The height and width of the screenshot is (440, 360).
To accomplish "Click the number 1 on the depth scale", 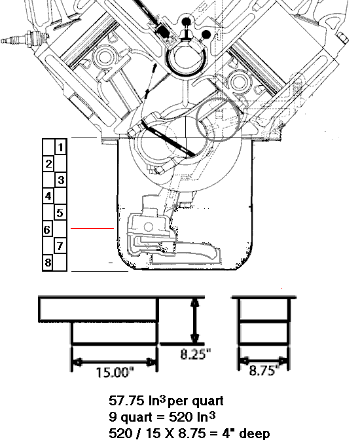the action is [x=61, y=147].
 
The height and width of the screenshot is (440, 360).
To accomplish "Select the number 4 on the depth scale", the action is [x=48, y=196].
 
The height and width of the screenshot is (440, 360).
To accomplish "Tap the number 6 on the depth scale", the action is [x=47, y=230].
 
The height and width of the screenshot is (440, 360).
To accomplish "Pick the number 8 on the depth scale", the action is [x=48, y=263].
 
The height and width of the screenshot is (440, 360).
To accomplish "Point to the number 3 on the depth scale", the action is [x=61, y=180].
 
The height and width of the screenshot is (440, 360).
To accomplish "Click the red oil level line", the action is [x=92, y=229].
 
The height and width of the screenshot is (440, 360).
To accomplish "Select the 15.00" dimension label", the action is [x=115, y=373].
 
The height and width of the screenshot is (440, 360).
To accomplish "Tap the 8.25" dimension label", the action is [x=195, y=354].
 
